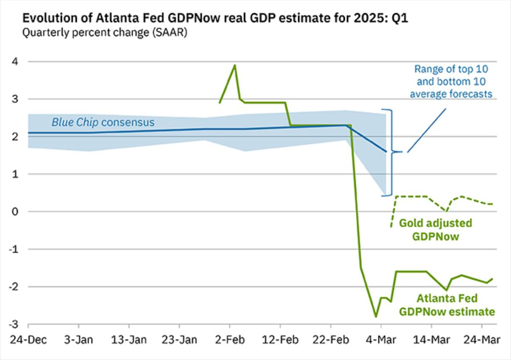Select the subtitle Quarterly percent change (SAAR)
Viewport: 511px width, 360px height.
click(105, 32)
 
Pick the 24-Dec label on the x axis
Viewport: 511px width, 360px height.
click(28, 340)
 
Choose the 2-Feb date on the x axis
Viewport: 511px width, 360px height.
click(230, 340)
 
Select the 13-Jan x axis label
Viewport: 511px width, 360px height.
click(129, 340)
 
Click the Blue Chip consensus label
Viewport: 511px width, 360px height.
click(103, 123)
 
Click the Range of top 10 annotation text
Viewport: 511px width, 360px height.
click(450, 81)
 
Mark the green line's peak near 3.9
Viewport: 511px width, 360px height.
click(235, 65)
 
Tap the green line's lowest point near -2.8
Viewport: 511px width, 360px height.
click(375, 316)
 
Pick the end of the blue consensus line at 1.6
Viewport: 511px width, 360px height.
click(386, 151)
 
